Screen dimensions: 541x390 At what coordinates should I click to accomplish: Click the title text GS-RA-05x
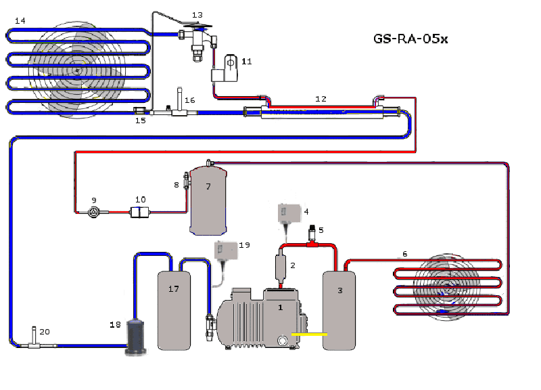[x=410, y=39]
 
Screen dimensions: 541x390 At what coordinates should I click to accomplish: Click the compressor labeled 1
[x=262, y=318]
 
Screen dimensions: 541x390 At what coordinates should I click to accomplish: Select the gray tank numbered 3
[x=339, y=311]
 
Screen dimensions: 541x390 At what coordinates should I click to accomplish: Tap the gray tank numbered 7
[x=208, y=200]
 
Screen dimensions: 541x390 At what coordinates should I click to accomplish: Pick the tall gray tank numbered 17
[x=174, y=311]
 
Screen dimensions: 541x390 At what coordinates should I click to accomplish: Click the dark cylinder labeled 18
[x=136, y=337]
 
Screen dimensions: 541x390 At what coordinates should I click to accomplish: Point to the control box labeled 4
[x=289, y=213]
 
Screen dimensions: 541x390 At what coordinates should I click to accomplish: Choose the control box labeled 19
[x=226, y=251]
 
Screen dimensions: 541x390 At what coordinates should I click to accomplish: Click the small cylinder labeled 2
[x=281, y=267]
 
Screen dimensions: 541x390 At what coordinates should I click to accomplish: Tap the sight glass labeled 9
[x=93, y=212]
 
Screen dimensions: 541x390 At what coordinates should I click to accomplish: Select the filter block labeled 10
[x=139, y=212]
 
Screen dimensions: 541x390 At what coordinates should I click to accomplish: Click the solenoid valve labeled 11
[x=225, y=68]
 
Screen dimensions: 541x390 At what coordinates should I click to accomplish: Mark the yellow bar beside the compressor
[x=309, y=334]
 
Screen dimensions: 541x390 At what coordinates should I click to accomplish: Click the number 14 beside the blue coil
[x=20, y=21]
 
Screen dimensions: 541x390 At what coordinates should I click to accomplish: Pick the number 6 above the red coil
[x=404, y=254]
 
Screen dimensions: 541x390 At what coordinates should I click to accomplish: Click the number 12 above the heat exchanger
[x=321, y=99]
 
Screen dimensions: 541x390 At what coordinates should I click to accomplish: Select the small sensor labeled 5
[x=312, y=234]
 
